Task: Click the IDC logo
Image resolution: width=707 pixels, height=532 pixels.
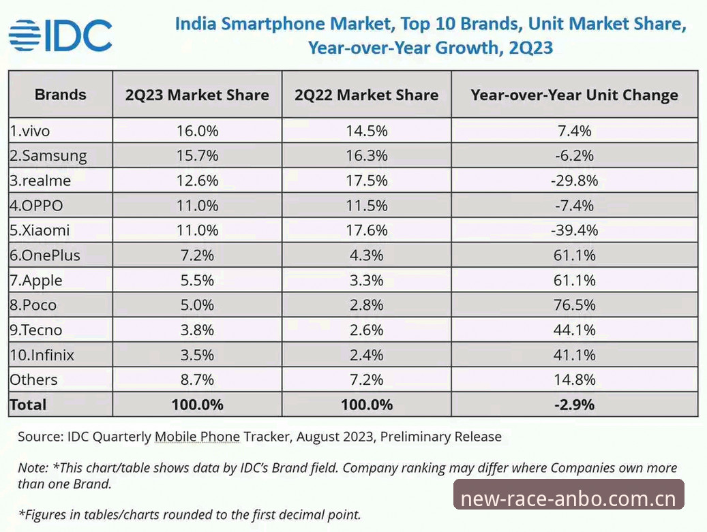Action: point(61,35)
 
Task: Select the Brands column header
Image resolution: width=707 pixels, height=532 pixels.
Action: point(61,95)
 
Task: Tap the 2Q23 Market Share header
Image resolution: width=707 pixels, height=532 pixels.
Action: point(197,95)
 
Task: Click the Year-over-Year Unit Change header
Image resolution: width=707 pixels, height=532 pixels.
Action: point(575,95)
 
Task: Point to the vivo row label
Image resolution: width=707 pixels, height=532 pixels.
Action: point(30,131)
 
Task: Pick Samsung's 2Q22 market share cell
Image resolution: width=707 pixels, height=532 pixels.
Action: point(367,155)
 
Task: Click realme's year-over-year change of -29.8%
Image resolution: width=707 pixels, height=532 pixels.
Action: point(575,181)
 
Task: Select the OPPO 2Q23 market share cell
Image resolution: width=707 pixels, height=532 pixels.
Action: point(197,206)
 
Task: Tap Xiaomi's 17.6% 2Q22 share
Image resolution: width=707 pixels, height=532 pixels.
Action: point(367,230)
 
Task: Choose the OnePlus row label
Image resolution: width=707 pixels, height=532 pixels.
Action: point(44,255)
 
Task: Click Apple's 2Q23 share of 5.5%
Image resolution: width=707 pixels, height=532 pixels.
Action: point(197,280)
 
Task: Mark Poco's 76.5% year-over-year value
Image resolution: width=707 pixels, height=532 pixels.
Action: point(575,305)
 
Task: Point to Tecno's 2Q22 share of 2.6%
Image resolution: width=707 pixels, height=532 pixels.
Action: point(367,330)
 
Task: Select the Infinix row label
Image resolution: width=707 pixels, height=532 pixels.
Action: point(42,355)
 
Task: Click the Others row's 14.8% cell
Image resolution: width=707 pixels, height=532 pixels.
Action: point(575,379)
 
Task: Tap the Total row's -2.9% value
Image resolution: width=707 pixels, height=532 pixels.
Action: point(575,405)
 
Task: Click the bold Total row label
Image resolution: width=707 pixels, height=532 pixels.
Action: point(28,405)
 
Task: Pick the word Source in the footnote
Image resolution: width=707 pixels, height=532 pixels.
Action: point(40,437)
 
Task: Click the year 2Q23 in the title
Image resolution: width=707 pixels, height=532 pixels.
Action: point(530,47)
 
